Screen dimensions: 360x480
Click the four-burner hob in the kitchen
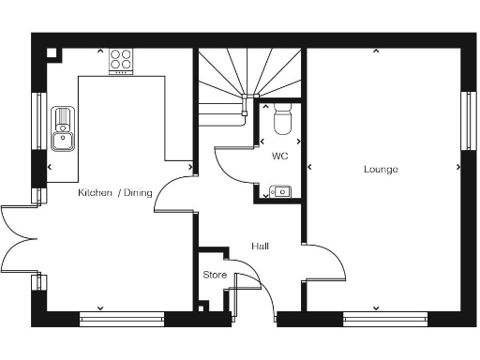point(120,61)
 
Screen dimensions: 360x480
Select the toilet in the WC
point(281,120)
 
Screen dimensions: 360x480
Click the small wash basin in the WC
point(280,192)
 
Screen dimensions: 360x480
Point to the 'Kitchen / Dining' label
point(114,192)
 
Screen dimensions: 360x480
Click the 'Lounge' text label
point(382,170)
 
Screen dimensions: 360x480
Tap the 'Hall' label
point(261,247)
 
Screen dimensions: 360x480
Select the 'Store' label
point(215,275)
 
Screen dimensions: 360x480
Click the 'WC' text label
point(279,156)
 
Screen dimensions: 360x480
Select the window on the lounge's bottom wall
point(376,319)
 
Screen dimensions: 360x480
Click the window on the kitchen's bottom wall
point(121,319)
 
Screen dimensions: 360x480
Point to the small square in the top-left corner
point(52,53)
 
